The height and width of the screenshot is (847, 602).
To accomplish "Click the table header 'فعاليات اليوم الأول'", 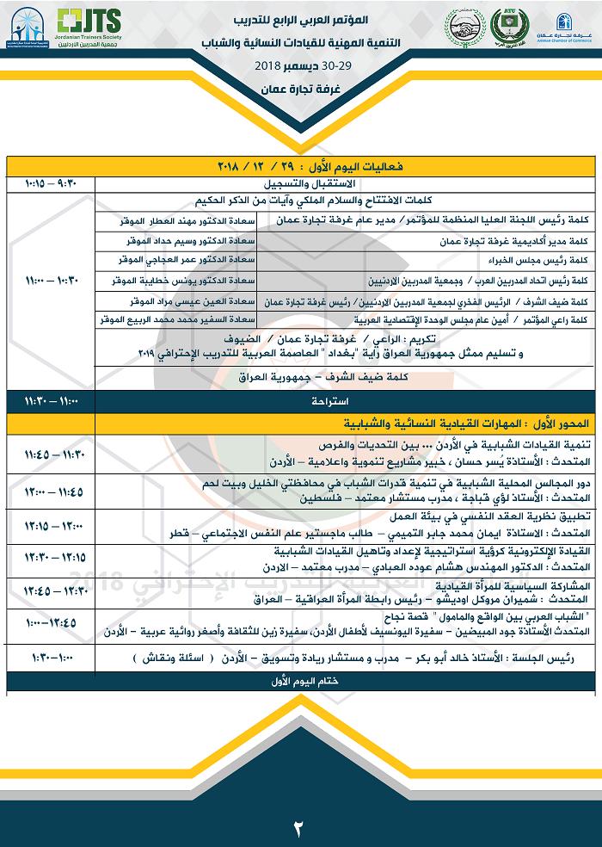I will coord(344,164).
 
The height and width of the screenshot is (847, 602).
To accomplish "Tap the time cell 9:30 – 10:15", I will coord(51,182).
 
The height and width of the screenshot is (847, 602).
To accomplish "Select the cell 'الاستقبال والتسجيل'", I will coord(344,182).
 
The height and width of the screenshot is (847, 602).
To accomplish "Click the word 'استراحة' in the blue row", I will coord(344,401).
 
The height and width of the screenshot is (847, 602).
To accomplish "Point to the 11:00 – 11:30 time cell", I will coord(51,401).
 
